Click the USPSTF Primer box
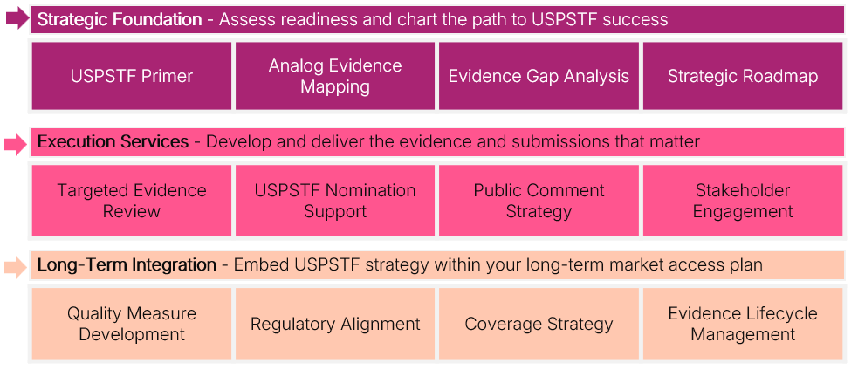point(131,76)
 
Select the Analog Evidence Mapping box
point(335,76)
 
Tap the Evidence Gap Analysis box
point(539,76)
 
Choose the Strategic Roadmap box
point(743,76)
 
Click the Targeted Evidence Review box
point(131,201)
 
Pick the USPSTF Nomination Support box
point(335,201)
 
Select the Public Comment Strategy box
point(539,201)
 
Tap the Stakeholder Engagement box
point(743,201)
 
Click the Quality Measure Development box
point(131,324)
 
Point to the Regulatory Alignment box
point(335,324)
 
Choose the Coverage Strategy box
point(539,324)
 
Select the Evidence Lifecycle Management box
point(743,324)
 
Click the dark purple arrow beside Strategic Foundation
point(17,19)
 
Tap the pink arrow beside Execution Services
point(16,145)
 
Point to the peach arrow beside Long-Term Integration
point(16,267)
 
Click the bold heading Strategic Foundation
point(120,20)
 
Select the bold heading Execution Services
point(113,141)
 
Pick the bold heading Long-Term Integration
point(127,265)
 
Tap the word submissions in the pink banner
point(554,141)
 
